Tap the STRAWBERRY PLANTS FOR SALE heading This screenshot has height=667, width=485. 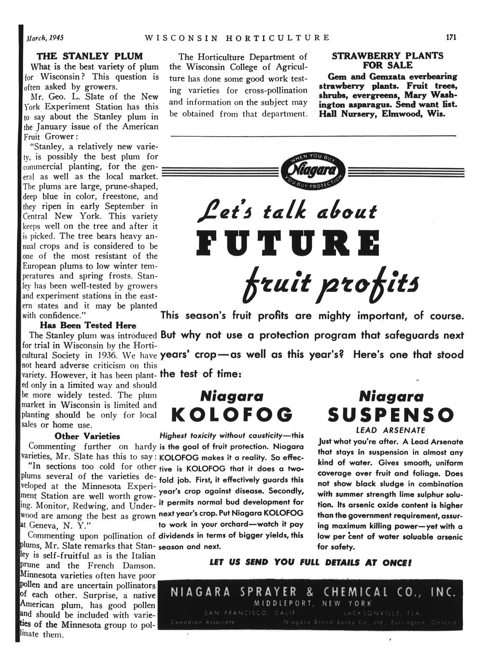pyautogui.click(x=388, y=60)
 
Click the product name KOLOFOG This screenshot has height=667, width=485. pyautogui.click(x=233, y=415)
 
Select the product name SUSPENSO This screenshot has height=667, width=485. pyautogui.click(x=390, y=415)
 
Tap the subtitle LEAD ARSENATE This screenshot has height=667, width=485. pyautogui.click(x=390, y=430)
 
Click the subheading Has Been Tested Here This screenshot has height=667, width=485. pyautogui.click(x=88, y=325)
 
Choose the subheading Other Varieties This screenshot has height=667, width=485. pyautogui.click(x=87, y=436)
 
